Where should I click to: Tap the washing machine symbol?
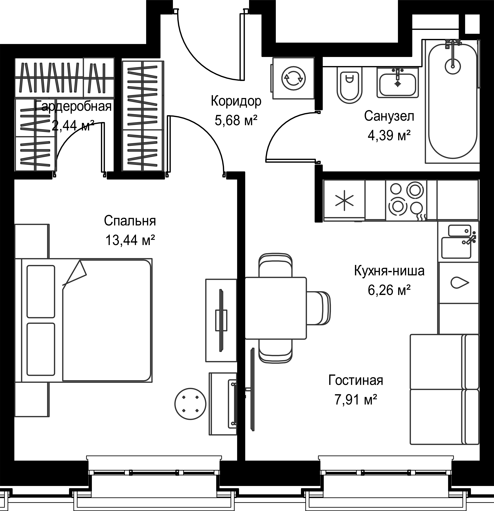pos(293,78)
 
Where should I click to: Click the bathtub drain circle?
pos(453,65)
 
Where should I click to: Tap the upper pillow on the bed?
pos(41,291)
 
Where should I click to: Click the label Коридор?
pos(236,101)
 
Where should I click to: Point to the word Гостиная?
pos(355,380)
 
